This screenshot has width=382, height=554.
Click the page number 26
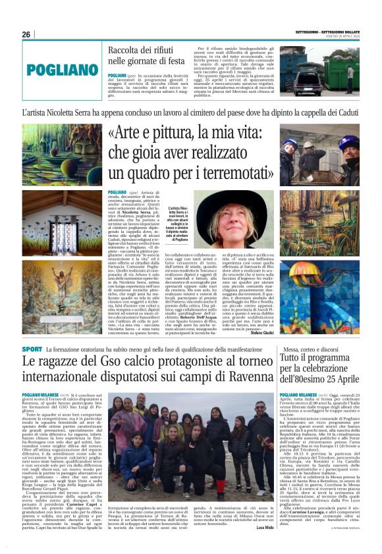coord(26,34)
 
